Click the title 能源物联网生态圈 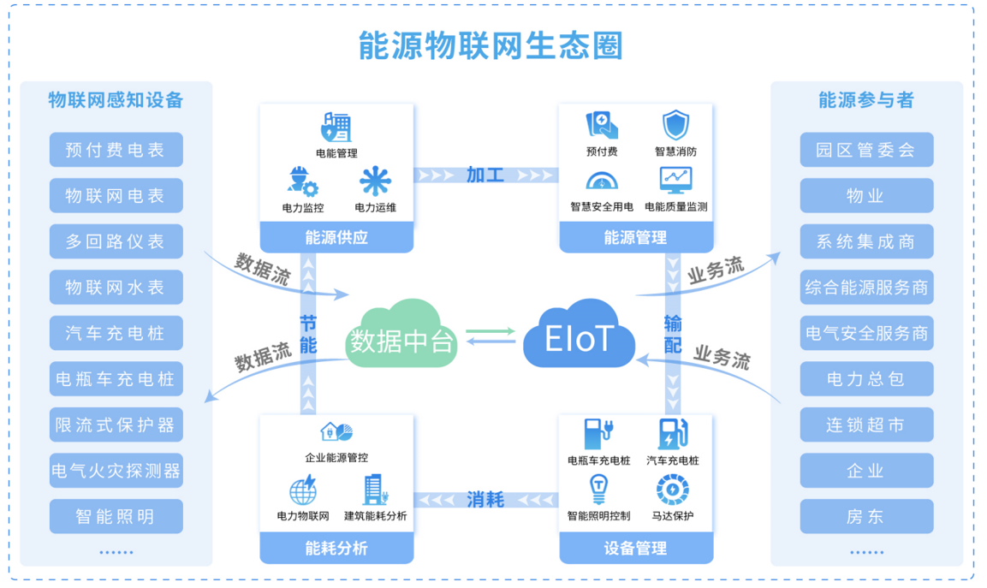pos(491,45)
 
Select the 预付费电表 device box pos(116,150)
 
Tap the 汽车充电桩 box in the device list pos(116,333)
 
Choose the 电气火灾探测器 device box pos(116,471)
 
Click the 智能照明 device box pos(116,516)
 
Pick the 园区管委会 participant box pos(866,150)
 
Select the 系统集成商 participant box pos(866,241)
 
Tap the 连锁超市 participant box pos(866,425)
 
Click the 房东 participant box pos(866,516)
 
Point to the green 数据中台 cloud pos(401,336)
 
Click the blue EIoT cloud pos(580,335)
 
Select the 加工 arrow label pos(485,175)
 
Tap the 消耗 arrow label pos(485,500)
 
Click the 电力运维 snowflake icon pos(375,181)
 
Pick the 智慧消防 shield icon pos(675,126)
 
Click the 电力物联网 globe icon pos(303,491)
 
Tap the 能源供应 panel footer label pos(336,238)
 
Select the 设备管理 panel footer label pos(635,549)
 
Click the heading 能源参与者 pos(866,100)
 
